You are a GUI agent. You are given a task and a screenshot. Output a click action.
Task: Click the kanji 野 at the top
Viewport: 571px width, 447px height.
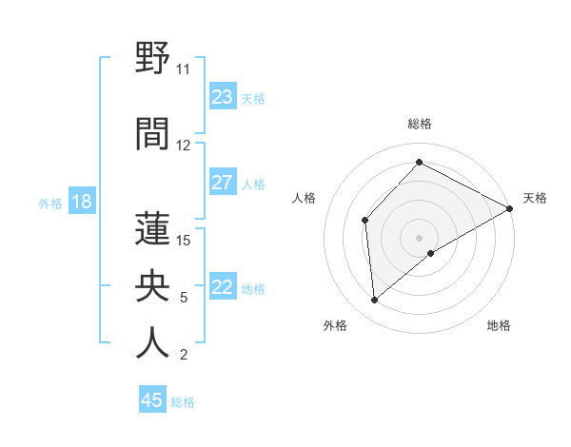(x=153, y=59)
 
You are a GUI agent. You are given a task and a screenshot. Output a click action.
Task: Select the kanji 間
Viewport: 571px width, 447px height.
(x=153, y=134)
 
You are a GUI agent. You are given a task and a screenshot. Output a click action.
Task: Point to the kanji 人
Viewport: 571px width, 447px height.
(x=153, y=342)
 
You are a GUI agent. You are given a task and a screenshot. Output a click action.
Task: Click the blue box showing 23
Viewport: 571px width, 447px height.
(x=223, y=97)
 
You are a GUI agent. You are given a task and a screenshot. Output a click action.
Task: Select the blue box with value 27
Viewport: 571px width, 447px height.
(x=223, y=183)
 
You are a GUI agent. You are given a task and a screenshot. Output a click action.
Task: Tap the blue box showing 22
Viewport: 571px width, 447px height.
(x=223, y=287)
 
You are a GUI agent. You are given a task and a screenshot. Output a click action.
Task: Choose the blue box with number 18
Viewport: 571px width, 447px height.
(x=82, y=202)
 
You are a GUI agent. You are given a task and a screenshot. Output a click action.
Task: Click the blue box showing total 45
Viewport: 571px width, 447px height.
(x=152, y=400)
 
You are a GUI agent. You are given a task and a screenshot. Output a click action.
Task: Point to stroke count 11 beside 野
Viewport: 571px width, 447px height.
(x=183, y=69)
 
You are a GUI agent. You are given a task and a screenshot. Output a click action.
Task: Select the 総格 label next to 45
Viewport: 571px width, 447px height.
(x=184, y=402)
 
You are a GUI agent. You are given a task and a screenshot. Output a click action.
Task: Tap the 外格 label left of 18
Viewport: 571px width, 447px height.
(x=50, y=204)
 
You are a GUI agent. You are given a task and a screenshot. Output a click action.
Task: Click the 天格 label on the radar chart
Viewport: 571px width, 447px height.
(x=535, y=198)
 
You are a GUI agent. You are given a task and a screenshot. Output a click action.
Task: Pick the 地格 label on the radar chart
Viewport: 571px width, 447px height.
(x=499, y=325)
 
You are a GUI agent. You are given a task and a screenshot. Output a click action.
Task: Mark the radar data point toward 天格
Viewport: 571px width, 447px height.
(x=510, y=208)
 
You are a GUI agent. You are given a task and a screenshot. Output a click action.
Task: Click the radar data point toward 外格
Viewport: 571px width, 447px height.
(x=375, y=301)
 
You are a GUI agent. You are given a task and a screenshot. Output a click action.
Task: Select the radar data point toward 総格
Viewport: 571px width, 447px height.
(x=419, y=163)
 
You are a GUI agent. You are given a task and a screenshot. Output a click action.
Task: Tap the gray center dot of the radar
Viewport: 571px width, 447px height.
(x=419, y=237)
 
